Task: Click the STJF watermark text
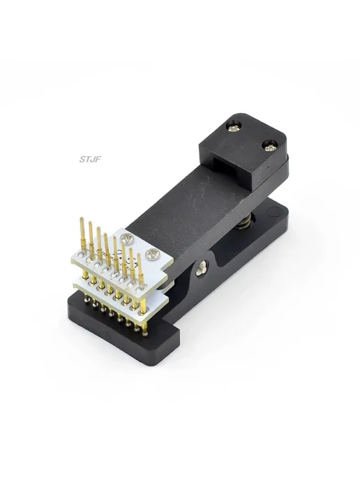90,159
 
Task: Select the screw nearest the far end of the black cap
234,126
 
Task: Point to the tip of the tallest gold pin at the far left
82,218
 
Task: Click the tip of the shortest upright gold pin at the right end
139,255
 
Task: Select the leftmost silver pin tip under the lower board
85,301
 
